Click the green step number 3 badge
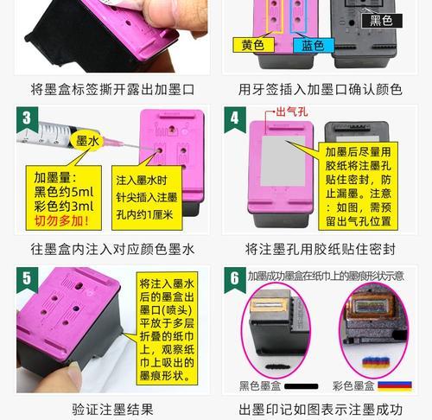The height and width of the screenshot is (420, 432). [x=28, y=118]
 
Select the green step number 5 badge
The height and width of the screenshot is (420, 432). [x=28, y=278]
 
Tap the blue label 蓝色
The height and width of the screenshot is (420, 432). [x=308, y=45]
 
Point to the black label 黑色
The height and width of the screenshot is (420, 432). [x=381, y=20]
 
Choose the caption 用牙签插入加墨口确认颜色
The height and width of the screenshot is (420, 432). [x=321, y=88]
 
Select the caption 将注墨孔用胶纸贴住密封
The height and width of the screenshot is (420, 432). [x=321, y=249]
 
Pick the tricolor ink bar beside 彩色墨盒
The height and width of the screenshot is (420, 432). [x=394, y=385]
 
